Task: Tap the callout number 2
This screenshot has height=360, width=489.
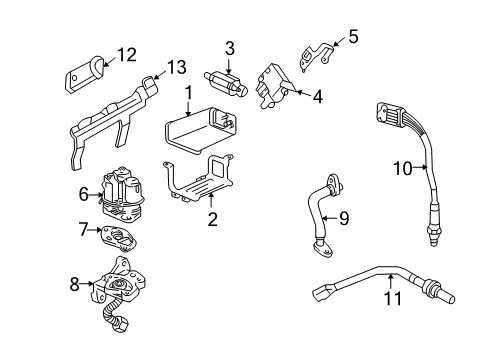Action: pos(211,219)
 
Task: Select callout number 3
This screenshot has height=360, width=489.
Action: pos(229,47)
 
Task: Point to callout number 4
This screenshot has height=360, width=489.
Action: pos(318,97)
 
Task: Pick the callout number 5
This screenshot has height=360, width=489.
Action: pos(351,37)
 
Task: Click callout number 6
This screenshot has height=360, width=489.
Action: pos(83,193)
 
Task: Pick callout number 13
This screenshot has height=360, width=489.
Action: pos(176,67)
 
